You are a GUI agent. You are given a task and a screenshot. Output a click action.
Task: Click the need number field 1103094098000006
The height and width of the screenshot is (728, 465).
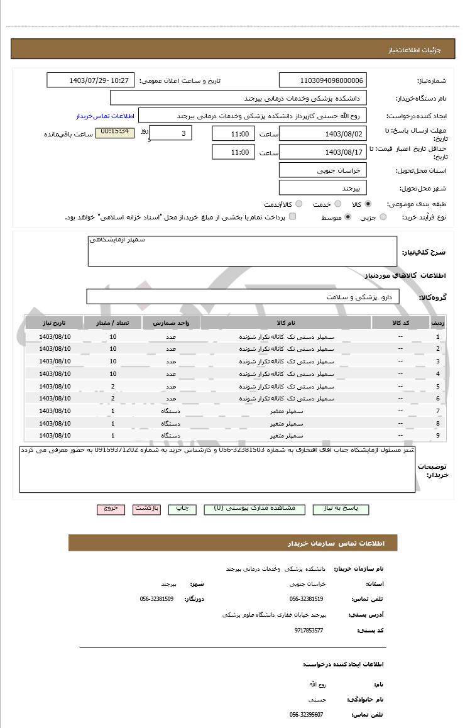[322, 80]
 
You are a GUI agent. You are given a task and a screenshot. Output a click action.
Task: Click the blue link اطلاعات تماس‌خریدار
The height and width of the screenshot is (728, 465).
[106, 116]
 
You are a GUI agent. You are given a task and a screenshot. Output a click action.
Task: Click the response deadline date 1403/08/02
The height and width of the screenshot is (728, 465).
[322, 134]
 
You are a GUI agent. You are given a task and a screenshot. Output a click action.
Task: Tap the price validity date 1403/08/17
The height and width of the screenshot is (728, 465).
[322, 152]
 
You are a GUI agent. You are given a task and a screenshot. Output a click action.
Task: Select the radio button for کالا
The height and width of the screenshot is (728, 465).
[368, 204]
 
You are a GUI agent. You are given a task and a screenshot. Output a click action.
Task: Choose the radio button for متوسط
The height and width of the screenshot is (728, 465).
[347, 218]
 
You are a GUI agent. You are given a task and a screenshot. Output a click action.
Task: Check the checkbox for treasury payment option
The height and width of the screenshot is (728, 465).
[292, 217]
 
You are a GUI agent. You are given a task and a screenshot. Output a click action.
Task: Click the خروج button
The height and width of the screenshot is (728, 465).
[111, 509]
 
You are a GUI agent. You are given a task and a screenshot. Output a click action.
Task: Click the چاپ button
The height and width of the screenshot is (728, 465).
[182, 509]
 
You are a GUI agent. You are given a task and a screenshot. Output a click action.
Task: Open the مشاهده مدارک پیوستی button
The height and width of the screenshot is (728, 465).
[254, 509]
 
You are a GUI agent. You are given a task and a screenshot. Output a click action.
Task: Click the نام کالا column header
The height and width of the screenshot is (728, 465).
[285, 323]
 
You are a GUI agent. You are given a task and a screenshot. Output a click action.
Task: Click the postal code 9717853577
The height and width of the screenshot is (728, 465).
[309, 630]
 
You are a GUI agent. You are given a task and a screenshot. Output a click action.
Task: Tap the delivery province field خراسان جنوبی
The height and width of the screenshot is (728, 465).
[322, 170]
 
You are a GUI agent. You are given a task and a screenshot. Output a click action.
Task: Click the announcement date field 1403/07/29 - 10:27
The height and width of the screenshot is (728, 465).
[90, 80]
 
